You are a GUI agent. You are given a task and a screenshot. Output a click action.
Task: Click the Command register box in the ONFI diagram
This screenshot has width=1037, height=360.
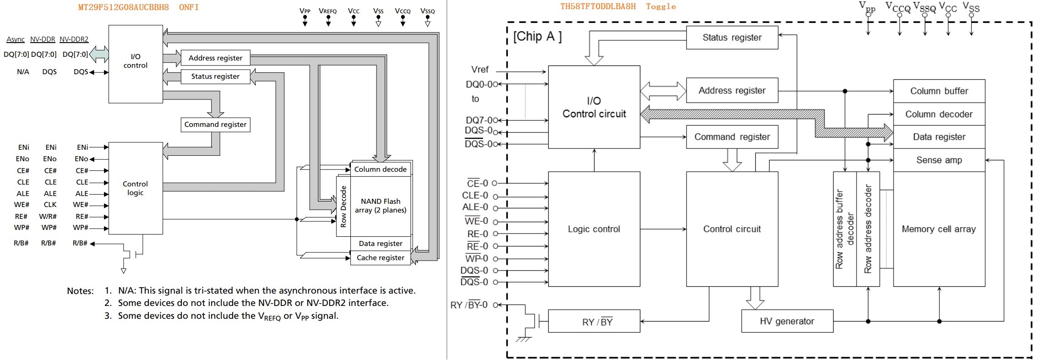tap(215, 125)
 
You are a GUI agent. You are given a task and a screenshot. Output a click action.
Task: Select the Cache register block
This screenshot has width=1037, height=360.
tap(380, 258)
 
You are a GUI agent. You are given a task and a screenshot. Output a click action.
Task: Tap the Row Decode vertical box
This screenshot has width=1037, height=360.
tap(343, 206)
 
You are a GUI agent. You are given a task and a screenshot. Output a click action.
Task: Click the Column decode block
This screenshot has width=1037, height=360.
tap(380, 169)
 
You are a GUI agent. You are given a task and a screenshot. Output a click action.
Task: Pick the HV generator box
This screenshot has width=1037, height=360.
tap(786, 322)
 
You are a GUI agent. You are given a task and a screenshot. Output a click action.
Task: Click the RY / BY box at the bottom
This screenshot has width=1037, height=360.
tap(594, 322)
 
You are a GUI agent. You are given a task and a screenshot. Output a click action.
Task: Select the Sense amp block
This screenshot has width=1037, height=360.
tap(939, 160)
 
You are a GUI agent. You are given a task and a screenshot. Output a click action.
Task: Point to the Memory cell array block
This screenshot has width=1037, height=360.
tap(939, 229)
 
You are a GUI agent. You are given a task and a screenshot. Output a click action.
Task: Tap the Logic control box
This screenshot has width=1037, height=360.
tap(594, 229)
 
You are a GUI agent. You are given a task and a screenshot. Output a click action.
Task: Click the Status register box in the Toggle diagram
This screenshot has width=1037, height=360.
tap(731, 38)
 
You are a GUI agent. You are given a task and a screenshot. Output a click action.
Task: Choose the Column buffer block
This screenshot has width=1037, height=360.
tap(939, 91)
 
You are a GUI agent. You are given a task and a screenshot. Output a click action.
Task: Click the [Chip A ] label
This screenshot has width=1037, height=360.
tap(537, 37)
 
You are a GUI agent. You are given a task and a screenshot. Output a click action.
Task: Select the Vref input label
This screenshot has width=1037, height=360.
tap(480, 70)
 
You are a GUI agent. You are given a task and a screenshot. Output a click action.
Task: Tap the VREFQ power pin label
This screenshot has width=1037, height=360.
tap(327, 11)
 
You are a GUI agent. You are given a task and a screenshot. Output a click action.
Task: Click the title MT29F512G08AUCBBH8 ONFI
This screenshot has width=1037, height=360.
tap(138, 7)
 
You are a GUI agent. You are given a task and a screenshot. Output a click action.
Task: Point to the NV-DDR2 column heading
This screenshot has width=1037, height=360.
tap(74, 39)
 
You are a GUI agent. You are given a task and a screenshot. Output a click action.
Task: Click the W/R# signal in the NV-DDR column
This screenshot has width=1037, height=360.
tap(48, 217)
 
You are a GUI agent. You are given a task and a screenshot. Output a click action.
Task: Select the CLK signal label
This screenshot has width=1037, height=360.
tap(50, 205)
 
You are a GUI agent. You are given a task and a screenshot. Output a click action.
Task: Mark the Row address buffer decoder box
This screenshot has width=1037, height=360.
tap(844, 229)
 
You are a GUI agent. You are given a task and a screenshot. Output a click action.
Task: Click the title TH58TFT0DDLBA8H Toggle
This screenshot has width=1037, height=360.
tap(617, 6)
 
